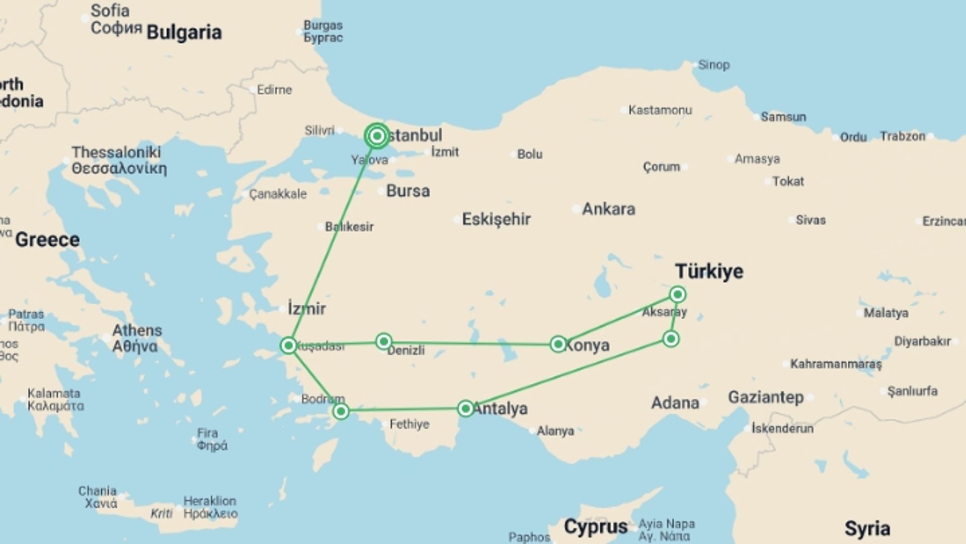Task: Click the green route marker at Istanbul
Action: coord(377,136)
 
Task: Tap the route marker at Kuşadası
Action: coord(289,345)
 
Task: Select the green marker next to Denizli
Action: coord(384,342)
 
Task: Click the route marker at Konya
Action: coord(558,344)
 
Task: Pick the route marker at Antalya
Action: coord(466,408)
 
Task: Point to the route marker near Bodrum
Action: coord(341,412)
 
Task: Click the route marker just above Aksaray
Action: coord(678,294)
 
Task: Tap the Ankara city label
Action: coord(608,209)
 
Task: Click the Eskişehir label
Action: coord(496,219)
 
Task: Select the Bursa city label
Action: coord(408,191)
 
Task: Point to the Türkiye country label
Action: coord(709,271)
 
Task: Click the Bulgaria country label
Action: coord(184,32)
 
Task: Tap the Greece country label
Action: coord(47,240)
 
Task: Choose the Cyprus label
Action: coord(596,527)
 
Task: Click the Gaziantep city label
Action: coord(766,397)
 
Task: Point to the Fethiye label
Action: coord(409,424)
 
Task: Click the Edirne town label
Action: coord(274,90)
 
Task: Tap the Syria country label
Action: coord(867,529)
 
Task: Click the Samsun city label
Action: coord(783,117)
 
